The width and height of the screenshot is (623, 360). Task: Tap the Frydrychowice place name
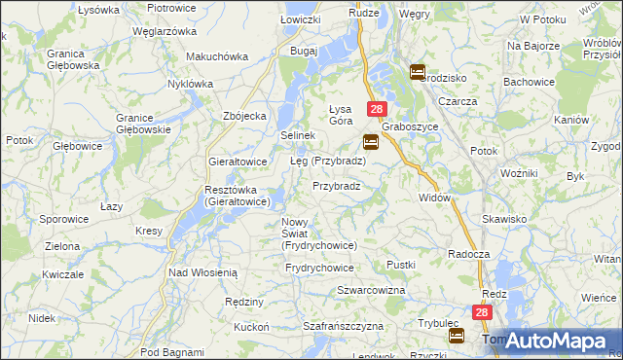point(319,267)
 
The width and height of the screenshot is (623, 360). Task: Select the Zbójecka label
point(244,117)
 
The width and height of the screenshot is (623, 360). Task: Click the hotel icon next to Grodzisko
point(418,71)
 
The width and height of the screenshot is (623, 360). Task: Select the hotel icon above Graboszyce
point(371,141)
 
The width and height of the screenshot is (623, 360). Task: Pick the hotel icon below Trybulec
point(457,336)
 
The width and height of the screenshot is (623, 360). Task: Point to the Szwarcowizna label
point(370,291)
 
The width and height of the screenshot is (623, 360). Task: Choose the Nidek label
point(41,318)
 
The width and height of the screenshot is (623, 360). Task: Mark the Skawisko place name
point(507,219)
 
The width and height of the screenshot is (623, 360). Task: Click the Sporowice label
point(63,219)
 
